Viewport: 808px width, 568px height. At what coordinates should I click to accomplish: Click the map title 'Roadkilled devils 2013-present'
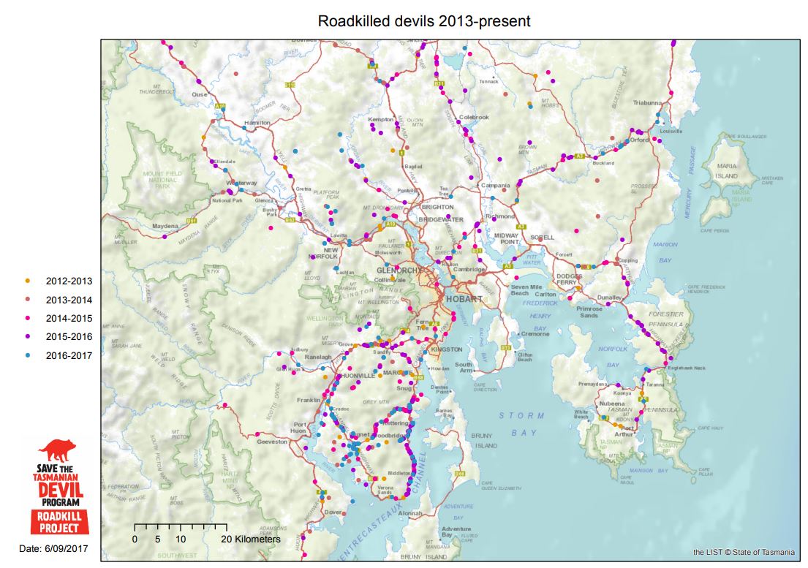pos(424,20)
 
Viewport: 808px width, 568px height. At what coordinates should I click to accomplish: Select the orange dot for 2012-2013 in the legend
pos(29,281)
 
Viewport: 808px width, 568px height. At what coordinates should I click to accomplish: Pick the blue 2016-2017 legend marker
pos(29,356)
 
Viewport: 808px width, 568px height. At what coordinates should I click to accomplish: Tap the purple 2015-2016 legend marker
pos(29,337)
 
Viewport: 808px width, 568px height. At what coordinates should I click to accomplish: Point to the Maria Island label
pos(726,171)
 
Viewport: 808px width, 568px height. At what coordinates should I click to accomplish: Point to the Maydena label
pos(165,227)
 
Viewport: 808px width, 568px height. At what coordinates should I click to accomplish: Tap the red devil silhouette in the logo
pos(64,452)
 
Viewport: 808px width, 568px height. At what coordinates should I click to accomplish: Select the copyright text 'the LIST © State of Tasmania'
pos(743,552)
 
